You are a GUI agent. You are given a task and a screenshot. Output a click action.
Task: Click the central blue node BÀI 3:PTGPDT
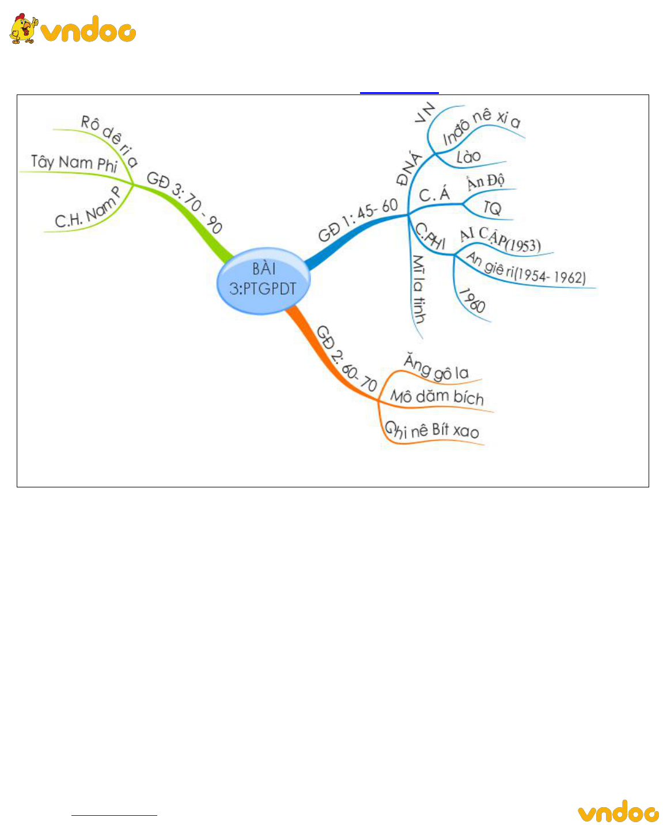(264, 281)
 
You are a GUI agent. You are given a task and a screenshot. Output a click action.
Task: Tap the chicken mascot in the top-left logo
(24, 28)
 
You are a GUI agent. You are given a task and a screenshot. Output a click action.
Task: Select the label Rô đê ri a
(109, 141)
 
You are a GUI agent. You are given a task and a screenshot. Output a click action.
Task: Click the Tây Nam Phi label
(74, 162)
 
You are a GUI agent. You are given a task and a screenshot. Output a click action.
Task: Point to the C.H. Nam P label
(88, 208)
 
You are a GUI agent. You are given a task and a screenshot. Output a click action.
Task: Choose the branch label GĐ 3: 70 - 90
(184, 201)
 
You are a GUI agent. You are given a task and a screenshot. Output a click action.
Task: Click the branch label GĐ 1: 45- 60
(358, 220)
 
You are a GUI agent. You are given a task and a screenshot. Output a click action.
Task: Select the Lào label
(468, 157)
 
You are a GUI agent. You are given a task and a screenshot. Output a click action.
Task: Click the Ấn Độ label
(486, 181)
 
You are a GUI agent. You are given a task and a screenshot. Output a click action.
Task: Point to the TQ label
(492, 207)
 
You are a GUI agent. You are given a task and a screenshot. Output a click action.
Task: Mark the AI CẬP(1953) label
(500, 240)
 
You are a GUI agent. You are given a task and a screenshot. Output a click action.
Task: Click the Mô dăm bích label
(437, 397)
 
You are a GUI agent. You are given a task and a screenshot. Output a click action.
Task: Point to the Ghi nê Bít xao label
(432, 430)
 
